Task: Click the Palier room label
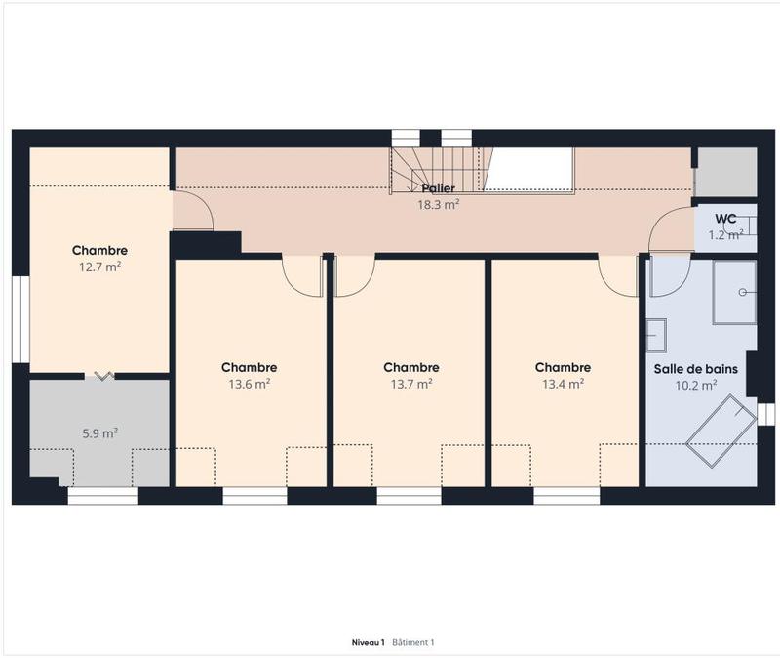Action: pos(438,188)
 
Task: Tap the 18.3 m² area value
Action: pos(438,205)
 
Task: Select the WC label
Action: pos(724,219)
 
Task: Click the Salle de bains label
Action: pos(694,369)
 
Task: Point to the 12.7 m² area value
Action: pos(99,267)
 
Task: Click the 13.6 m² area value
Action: pos(249,384)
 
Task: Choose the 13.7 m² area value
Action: pos(410,384)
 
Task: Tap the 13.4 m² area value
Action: pos(563,384)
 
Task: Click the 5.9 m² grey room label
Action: pos(98,432)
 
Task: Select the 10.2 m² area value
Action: pos(696,385)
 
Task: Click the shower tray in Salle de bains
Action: pos(734,292)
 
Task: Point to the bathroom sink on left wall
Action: pos(655,336)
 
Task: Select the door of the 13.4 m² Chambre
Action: pos(618,275)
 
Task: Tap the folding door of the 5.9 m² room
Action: pos(101,375)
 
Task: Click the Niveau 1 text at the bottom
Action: pos(369,643)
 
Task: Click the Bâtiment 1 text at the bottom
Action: pos(412,643)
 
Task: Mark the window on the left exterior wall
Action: pos(20,318)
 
